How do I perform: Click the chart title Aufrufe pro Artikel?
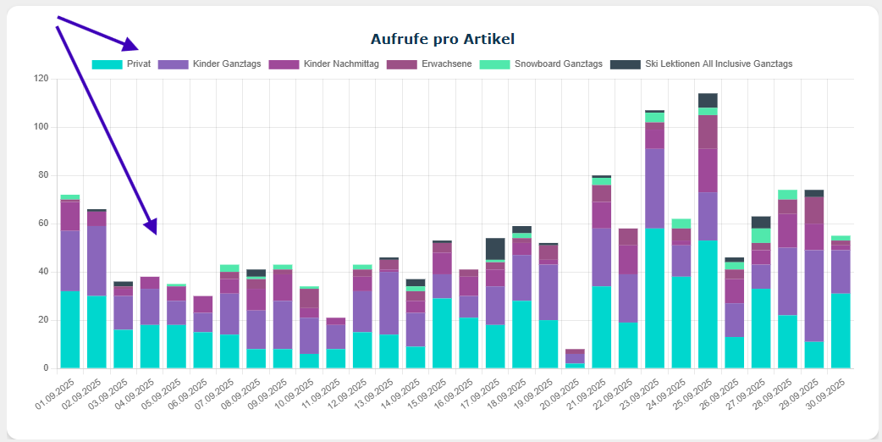point(442,39)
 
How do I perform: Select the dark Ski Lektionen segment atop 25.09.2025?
point(708,100)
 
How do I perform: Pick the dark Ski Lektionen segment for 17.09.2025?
point(494,249)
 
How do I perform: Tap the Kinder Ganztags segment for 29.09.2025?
point(814,296)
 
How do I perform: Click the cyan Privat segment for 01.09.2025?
point(70,329)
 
